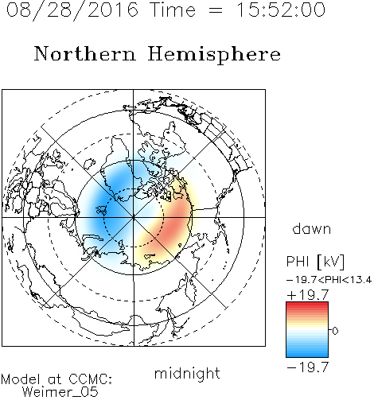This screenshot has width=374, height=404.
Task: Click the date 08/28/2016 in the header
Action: (72, 10)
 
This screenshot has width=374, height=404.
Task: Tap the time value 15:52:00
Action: (281, 10)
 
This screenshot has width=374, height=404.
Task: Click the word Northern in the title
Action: (85, 53)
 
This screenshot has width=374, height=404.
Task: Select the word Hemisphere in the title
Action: (214, 54)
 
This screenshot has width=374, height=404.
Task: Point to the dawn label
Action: (312, 229)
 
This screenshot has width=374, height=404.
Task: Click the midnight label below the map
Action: (187, 373)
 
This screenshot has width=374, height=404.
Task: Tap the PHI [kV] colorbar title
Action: (315, 262)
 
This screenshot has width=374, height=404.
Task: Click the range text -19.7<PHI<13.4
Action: (329, 280)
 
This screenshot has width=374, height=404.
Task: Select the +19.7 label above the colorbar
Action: (308, 295)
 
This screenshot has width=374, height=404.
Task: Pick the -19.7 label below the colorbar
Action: (308, 367)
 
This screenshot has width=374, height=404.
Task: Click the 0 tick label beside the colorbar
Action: (335, 331)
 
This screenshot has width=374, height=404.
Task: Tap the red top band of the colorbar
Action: (307, 305)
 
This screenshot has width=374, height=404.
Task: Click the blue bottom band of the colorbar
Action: (307, 353)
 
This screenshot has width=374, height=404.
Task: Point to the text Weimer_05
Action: (60, 392)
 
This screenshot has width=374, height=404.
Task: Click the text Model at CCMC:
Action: (56, 379)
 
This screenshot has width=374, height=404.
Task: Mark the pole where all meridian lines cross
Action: (134, 217)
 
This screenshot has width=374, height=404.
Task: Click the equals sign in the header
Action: (215, 10)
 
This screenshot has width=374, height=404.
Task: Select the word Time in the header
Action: (173, 10)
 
